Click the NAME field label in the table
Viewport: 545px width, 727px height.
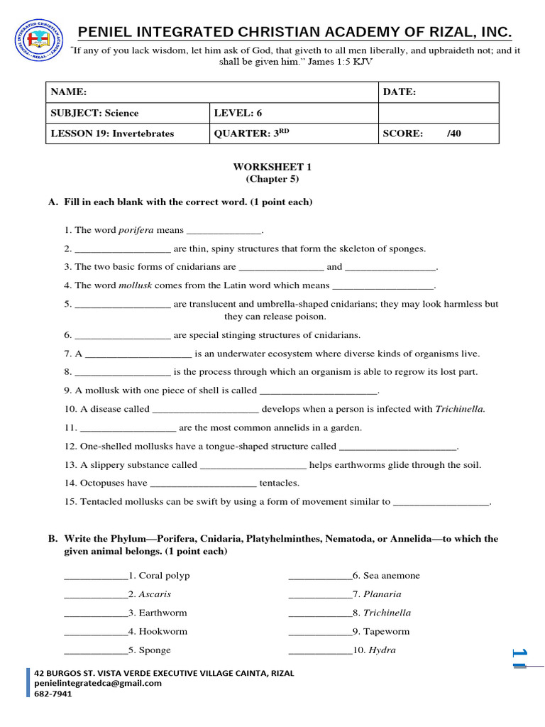coord(68,92)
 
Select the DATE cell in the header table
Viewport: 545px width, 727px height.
coord(400,92)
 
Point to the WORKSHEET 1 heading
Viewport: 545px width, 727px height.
coord(272,167)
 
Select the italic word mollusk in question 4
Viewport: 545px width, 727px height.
coord(135,285)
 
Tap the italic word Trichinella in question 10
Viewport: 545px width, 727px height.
coord(460,409)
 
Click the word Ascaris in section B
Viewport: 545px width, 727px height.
coord(155,594)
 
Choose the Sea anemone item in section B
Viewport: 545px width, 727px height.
coord(391,576)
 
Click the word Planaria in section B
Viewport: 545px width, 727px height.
coord(382,594)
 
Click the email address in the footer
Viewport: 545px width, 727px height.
coord(98,683)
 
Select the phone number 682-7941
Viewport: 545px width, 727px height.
coord(53,694)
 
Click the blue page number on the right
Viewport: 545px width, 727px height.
coord(519,658)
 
